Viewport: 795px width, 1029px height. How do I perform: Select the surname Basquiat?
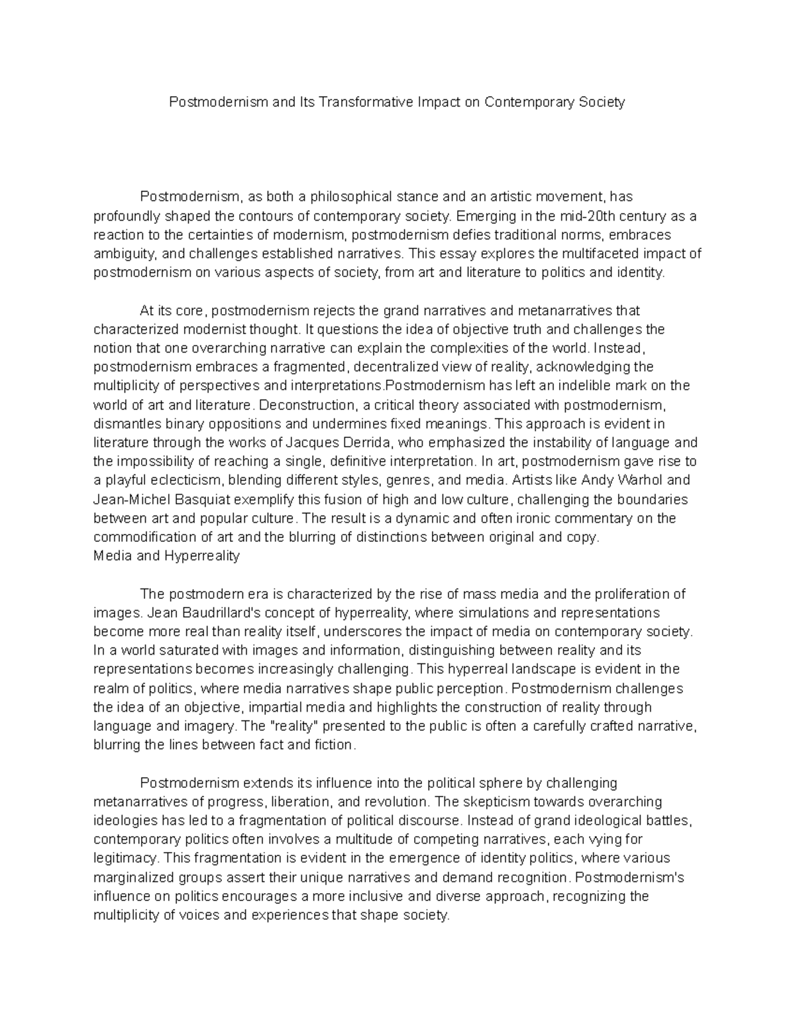click(x=197, y=499)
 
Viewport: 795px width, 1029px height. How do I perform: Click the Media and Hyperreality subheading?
click(x=166, y=556)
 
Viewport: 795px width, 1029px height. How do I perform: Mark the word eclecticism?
click(x=175, y=480)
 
